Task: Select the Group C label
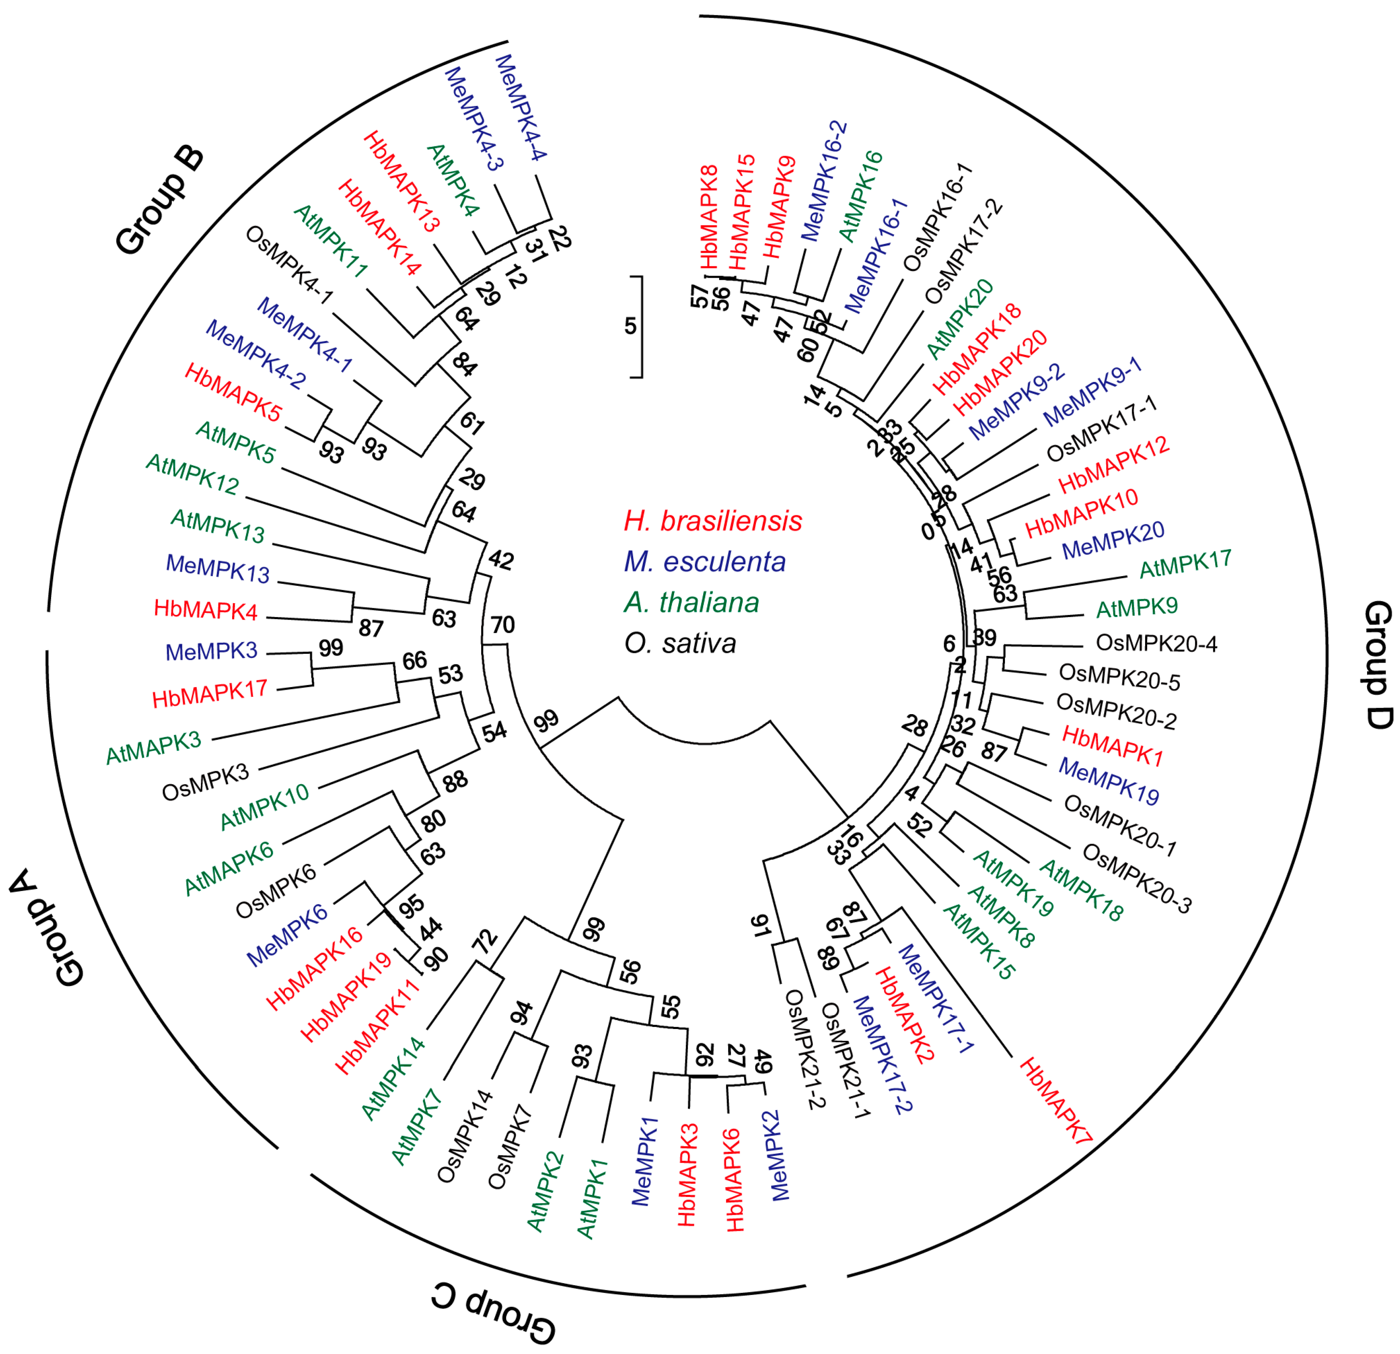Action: pos(493,1313)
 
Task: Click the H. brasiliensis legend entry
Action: pos(713,521)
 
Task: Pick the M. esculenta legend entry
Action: pos(704,562)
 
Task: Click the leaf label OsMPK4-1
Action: pos(289,265)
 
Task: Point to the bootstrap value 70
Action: pos(503,625)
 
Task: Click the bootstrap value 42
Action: pos(501,561)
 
